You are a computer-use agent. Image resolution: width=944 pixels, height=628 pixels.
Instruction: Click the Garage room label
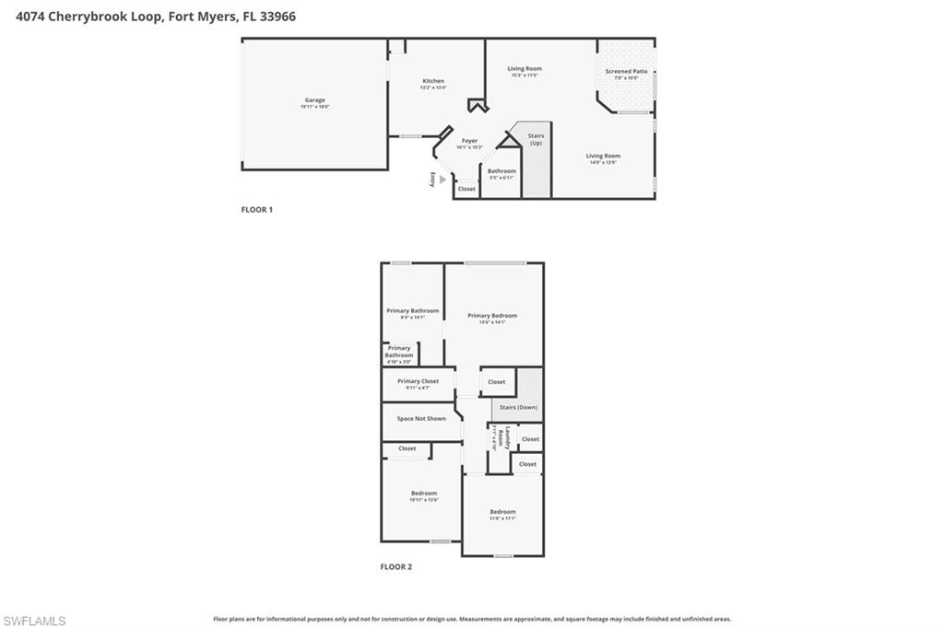pos(314,100)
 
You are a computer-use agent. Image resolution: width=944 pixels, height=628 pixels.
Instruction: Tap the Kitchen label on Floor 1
pos(433,81)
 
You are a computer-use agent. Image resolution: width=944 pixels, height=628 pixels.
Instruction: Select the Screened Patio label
pos(626,72)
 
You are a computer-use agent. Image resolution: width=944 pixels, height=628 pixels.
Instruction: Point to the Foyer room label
pos(469,141)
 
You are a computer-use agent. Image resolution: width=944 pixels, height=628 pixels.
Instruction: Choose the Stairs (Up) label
pos(536,139)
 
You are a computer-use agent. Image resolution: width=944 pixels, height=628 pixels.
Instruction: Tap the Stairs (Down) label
pos(518,407)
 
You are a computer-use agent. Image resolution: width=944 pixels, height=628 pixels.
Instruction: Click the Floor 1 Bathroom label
pos(501,171)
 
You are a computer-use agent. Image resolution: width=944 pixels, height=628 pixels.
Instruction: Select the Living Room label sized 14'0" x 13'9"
pos(603,157)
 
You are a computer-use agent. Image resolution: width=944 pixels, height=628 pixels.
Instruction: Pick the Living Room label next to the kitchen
pos(525,69)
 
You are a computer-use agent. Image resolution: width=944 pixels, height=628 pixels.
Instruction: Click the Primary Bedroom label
pos(492,316)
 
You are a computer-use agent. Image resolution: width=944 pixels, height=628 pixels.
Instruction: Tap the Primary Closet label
pos(418,381)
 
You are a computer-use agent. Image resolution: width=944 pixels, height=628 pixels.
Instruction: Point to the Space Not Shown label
pos(420,419)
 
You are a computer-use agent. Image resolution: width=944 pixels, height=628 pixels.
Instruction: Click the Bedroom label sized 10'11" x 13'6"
pos(424,494)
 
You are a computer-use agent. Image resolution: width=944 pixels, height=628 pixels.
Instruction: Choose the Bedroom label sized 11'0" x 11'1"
pos(502,512)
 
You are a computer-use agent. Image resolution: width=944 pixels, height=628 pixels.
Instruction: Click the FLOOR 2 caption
pos(396,567)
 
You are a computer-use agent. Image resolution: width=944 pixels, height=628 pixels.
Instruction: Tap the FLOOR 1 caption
pos(257,210)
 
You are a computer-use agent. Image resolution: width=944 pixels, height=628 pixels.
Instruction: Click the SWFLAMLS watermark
pos(34,621)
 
